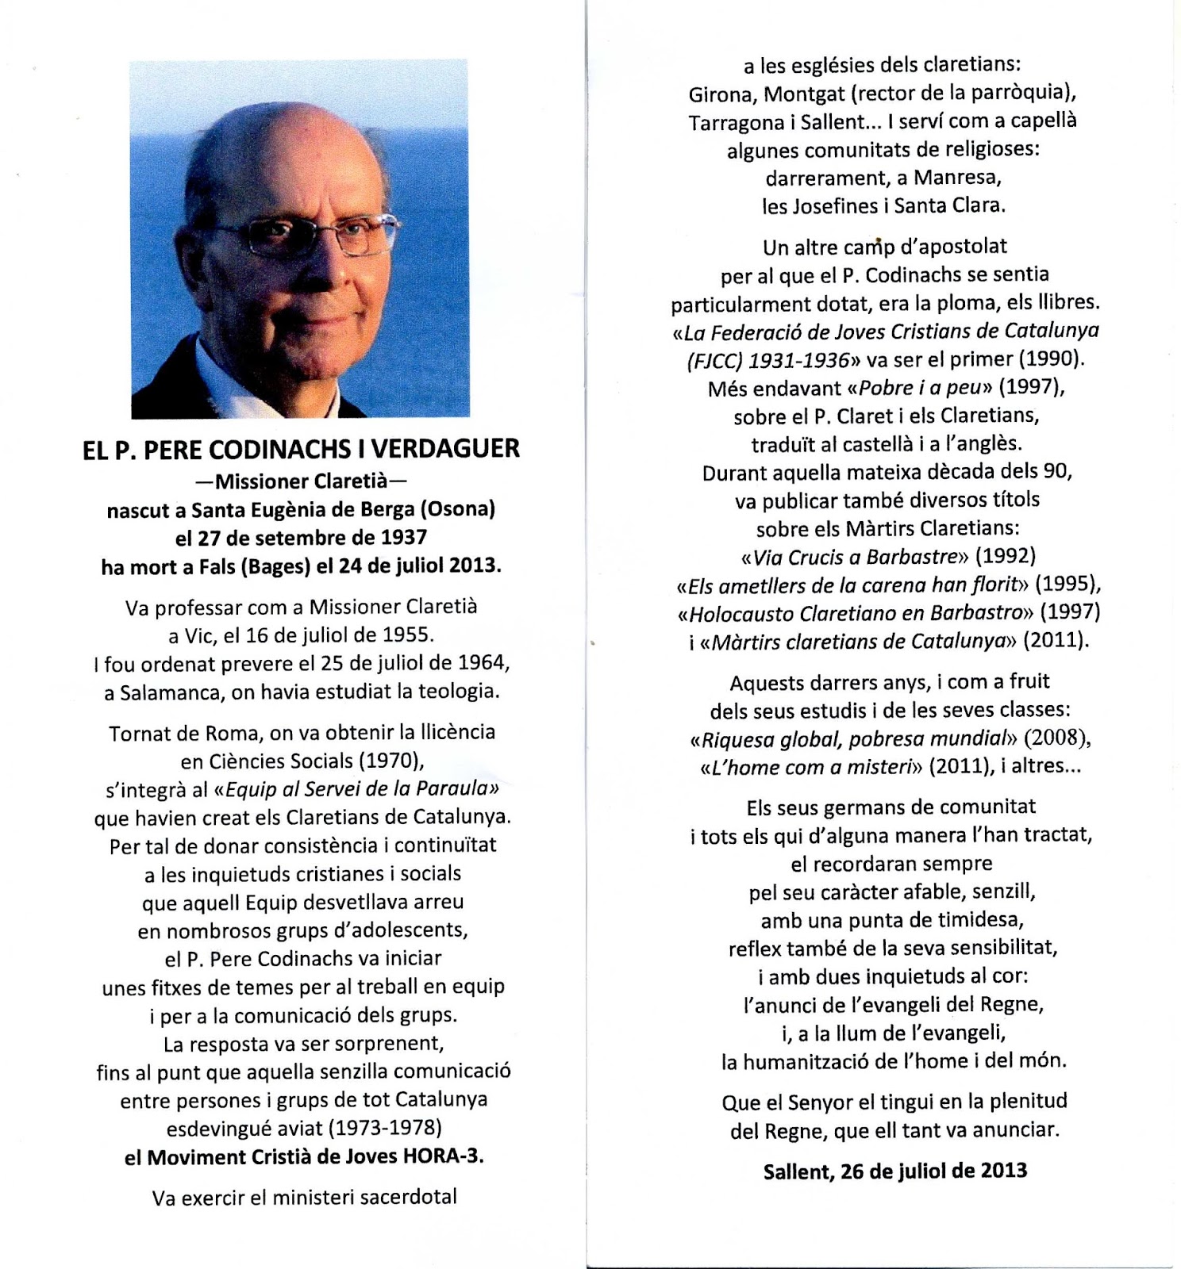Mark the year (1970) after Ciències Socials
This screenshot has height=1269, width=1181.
click(x=391, y=761)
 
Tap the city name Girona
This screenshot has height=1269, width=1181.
click(x=721, y=94)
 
